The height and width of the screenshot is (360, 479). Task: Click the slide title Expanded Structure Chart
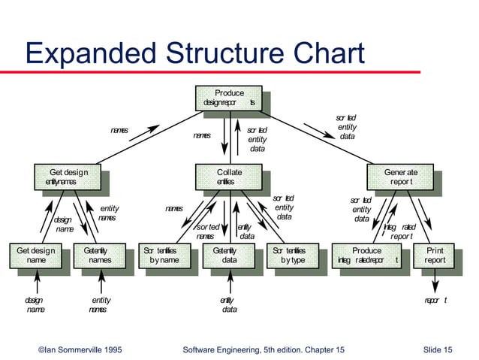tap(194, 54)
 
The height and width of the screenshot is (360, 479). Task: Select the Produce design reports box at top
tap(229, 98)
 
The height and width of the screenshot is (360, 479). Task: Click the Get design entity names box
tap(67, 177)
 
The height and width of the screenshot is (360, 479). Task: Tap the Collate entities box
tap(229, 177)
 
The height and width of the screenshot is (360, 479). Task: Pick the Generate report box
tap(400, 177)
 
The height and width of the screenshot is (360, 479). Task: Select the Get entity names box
tap(99, 255)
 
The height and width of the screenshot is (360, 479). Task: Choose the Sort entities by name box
tap(163, 255)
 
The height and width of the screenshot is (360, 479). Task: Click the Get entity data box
tap(229, 255)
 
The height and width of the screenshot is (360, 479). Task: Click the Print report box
tap(435, 255)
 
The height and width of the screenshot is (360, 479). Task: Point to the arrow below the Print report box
tap(435, 283)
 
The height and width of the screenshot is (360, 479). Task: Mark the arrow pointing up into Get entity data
tap(229, 283)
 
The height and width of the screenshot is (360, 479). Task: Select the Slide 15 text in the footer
tap(437, 349)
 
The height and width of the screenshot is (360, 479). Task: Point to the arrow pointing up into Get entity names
tap(100, 283)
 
